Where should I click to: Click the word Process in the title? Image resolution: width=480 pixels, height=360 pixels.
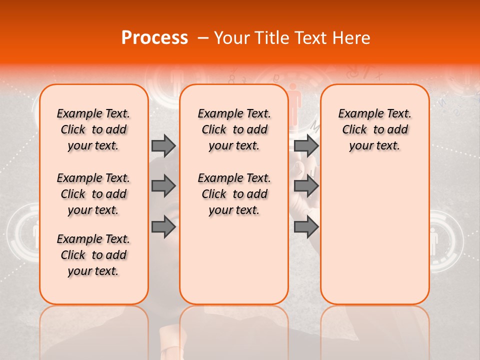click(x=154, y=38)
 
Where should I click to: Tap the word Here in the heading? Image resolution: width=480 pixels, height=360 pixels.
click(x=351, y=38)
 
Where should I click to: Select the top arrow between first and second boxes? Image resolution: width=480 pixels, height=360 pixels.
click(x=163, y=145)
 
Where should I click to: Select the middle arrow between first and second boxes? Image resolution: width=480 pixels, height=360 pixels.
click(x=163, y=186)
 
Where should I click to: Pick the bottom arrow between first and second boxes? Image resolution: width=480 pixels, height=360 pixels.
click(x=163, y=227)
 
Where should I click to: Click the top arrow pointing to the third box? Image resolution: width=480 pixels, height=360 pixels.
click(x=306, y=145)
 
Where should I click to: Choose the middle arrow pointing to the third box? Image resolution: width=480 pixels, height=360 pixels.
click(x=306, y=186)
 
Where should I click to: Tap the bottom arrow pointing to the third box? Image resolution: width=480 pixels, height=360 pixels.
click(x=306, y=227)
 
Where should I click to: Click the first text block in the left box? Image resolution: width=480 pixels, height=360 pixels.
click(x=93, y=129)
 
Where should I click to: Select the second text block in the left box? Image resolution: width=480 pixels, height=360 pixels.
click(x=93, y=194)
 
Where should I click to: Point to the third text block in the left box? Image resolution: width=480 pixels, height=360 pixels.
click(x=93, y=255)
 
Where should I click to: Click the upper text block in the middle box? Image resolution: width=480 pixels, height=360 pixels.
click(x=234, y=129)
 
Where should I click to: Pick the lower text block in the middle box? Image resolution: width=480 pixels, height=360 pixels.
click(x=234, y=194)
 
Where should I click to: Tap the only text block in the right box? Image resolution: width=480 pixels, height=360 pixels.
click(x=374, y=129)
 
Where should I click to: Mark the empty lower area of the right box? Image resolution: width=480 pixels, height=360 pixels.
click(x=374, y=235)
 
